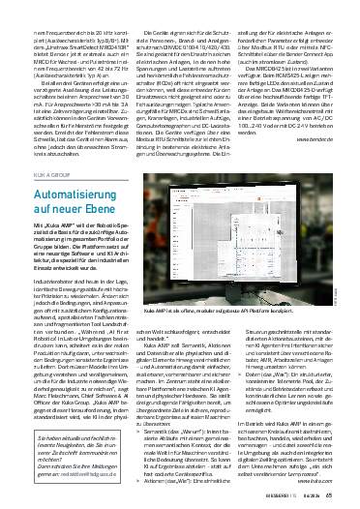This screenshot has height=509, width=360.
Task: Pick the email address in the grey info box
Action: [x=72, y=475]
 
